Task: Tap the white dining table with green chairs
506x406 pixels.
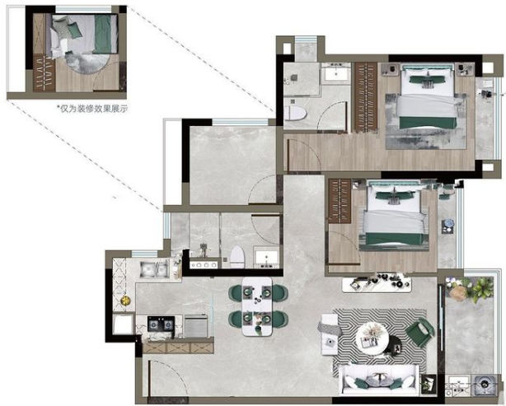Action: point(257,306)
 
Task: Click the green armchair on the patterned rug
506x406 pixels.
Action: point(419,333)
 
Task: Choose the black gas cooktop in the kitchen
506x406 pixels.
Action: point(161,324)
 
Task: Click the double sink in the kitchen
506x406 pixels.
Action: point(154,269)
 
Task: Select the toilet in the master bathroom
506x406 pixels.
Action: point(295,113)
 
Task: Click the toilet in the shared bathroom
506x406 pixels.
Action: point(237,257)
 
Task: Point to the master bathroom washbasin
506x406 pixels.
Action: point(336,72)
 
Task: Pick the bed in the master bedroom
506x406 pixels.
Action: point(427,96)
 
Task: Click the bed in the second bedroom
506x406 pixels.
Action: point(394,214)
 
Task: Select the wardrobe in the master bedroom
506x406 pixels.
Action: point(366,97)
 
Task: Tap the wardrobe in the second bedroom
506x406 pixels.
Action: point(340,201)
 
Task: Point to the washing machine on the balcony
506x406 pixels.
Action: point(484,384)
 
